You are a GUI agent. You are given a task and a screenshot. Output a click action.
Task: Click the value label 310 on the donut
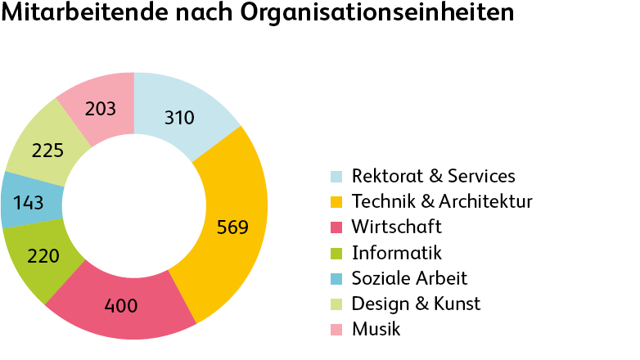pyautogui.click(x=178, y=118)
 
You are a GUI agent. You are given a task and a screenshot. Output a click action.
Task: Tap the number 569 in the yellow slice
pyautogui.click(x=232, y=227)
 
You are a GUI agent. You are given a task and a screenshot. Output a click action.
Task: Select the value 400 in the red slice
pyautogui.click(x=121, y=307)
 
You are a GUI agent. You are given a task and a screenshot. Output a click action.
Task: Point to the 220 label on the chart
pyautogui.click(x=43, y=256)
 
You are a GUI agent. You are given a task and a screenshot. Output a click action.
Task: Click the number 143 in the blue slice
pyautogui.click(x=29, y=201)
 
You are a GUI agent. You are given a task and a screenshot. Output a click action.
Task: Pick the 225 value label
pyautogui.click(x=47, y=151)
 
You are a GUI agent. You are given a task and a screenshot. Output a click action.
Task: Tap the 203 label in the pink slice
pyautogui.click(x=100, y=109)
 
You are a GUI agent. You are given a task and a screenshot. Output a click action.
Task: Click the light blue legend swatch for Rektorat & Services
pyautogui.click(x=336, y=177)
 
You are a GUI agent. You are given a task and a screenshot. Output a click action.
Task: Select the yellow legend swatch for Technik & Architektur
pyautogui.click(x=336, y=202)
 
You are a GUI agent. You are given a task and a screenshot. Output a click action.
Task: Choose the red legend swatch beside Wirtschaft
pyautogui.click(x=336, y=227)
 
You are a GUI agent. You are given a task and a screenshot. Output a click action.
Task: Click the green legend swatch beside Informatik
pyautogui.click(x=336, y=253)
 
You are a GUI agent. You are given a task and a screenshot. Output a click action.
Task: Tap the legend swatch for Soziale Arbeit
pyautogui.click(x=336, y=279)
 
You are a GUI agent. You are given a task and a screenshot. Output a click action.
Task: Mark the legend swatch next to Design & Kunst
pyautogui.click(x=336, y=304)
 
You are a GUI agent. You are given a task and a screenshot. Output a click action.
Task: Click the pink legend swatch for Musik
pyautogui.click(x=336, y=330)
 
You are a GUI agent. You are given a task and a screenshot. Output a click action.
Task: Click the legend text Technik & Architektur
pyautogui.click(x=442, y=201)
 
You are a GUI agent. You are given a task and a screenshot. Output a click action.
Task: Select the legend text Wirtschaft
pyautogui.click(x=396, y=227)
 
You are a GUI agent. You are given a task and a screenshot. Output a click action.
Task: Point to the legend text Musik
pyautogui.click(x=376, y=329)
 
